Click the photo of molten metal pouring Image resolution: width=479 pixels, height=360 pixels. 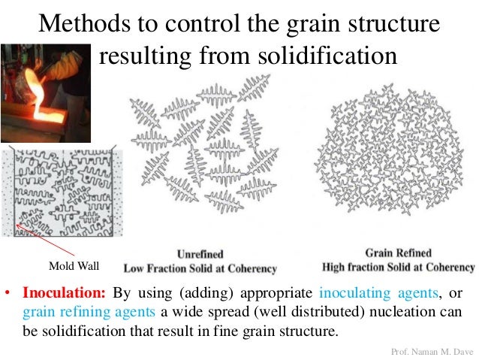tap(45, 94)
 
